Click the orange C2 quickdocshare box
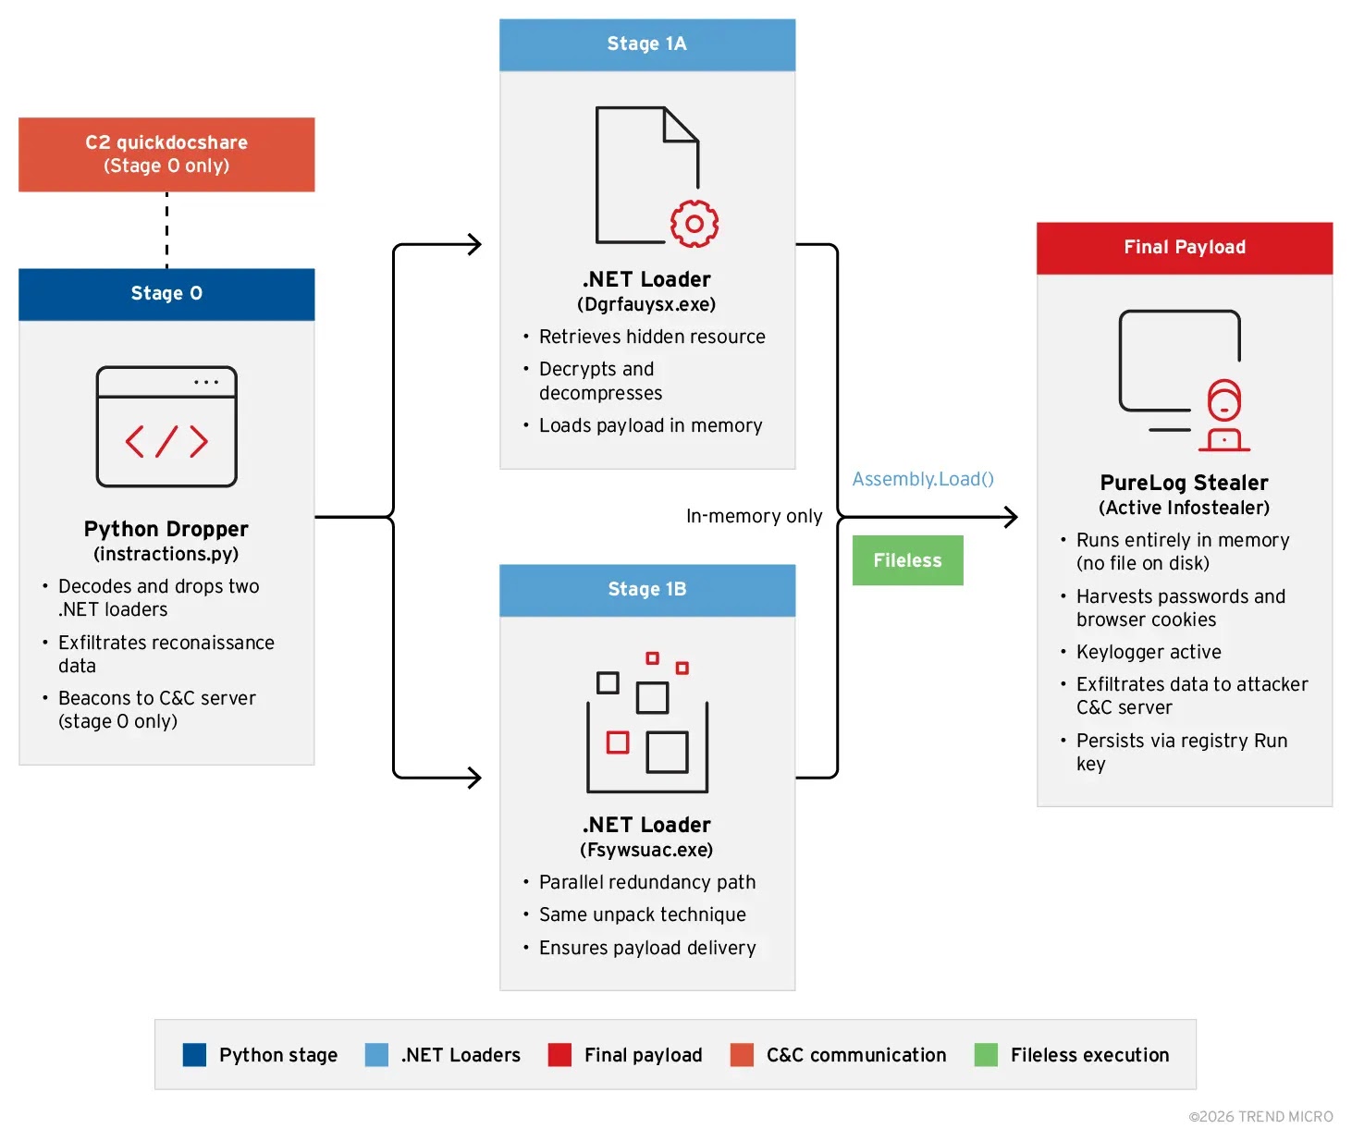click(166, 154)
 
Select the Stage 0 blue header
click(166, 294)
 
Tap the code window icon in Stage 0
click(166, 426)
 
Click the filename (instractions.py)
click(166, 554)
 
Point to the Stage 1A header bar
click(647, 44)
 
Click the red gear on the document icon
click(694, 224)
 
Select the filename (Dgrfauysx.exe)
click(646, 304)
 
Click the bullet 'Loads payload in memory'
click(650, 425)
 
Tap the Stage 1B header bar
click(647, 590)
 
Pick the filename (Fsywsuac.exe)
click(646, 850)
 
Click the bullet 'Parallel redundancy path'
click(647, 882)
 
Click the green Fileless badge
click(907, 560)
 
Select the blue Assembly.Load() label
click(923, 479)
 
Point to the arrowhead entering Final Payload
click(1012, 517)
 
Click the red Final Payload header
click(1185, 248)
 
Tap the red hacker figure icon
click(1223, 415)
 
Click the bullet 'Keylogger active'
click(1149, 652)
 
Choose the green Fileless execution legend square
click(986, 1055)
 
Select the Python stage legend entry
click(261, 1055)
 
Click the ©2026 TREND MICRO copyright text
click(1260, 1117)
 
